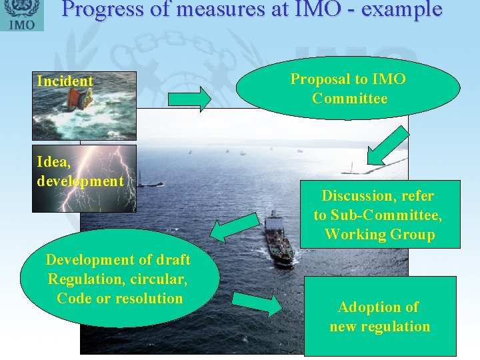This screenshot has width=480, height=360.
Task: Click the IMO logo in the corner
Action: click(x=21, y=15)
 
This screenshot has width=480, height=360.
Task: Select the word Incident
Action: click(x=65, y=81)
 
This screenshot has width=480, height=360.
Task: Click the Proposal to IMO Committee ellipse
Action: click(x=347, y=88)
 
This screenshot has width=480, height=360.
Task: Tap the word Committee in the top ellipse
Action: click(x=349, y=99)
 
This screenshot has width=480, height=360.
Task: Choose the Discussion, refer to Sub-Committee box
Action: click(x=378, y=215)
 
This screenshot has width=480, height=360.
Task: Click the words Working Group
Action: click(x=379, y=235)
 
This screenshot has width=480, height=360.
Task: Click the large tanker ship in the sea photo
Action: click(x=278, y=239)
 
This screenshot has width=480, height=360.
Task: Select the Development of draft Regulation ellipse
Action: click(x=119, y=279)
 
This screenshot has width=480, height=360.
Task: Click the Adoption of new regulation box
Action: click(x=380, y=317)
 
